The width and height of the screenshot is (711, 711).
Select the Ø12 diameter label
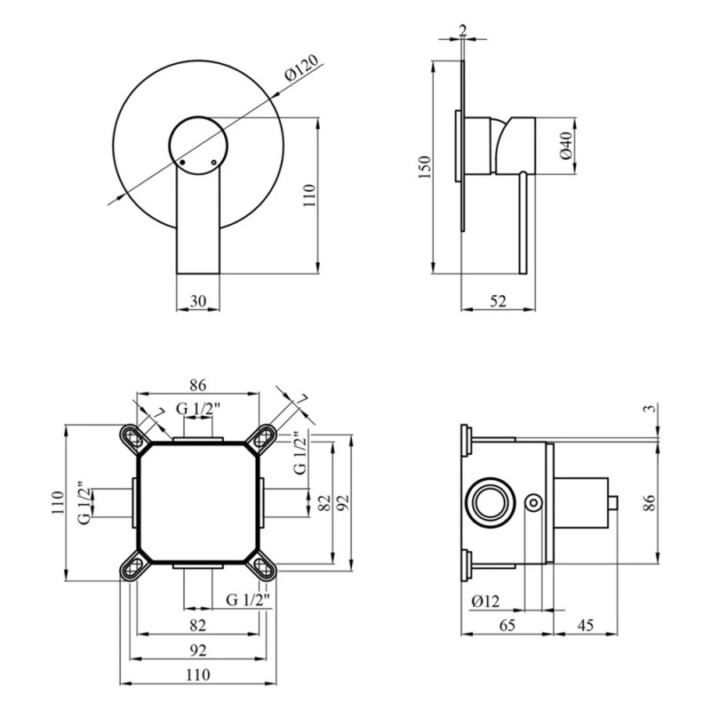pos(485,602)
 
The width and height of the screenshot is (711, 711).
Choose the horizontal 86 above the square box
pos(197,386)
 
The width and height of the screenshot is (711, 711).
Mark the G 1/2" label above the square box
pos(197,409)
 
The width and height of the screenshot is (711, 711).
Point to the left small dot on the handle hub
pos(180,163)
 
